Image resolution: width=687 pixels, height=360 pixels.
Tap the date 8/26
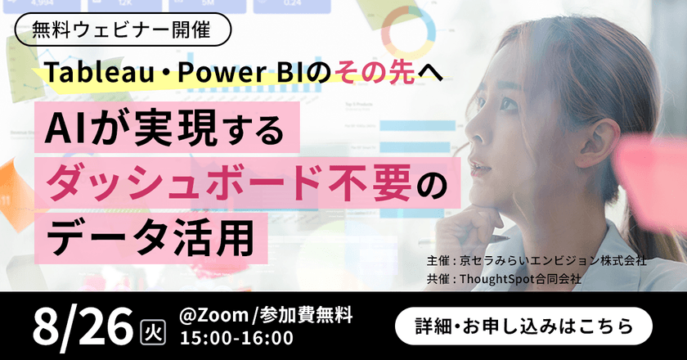pyautogui.click(x=81, y=324)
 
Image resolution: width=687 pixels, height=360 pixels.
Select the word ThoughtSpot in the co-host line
pyautogui.click(x=500, y=279)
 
